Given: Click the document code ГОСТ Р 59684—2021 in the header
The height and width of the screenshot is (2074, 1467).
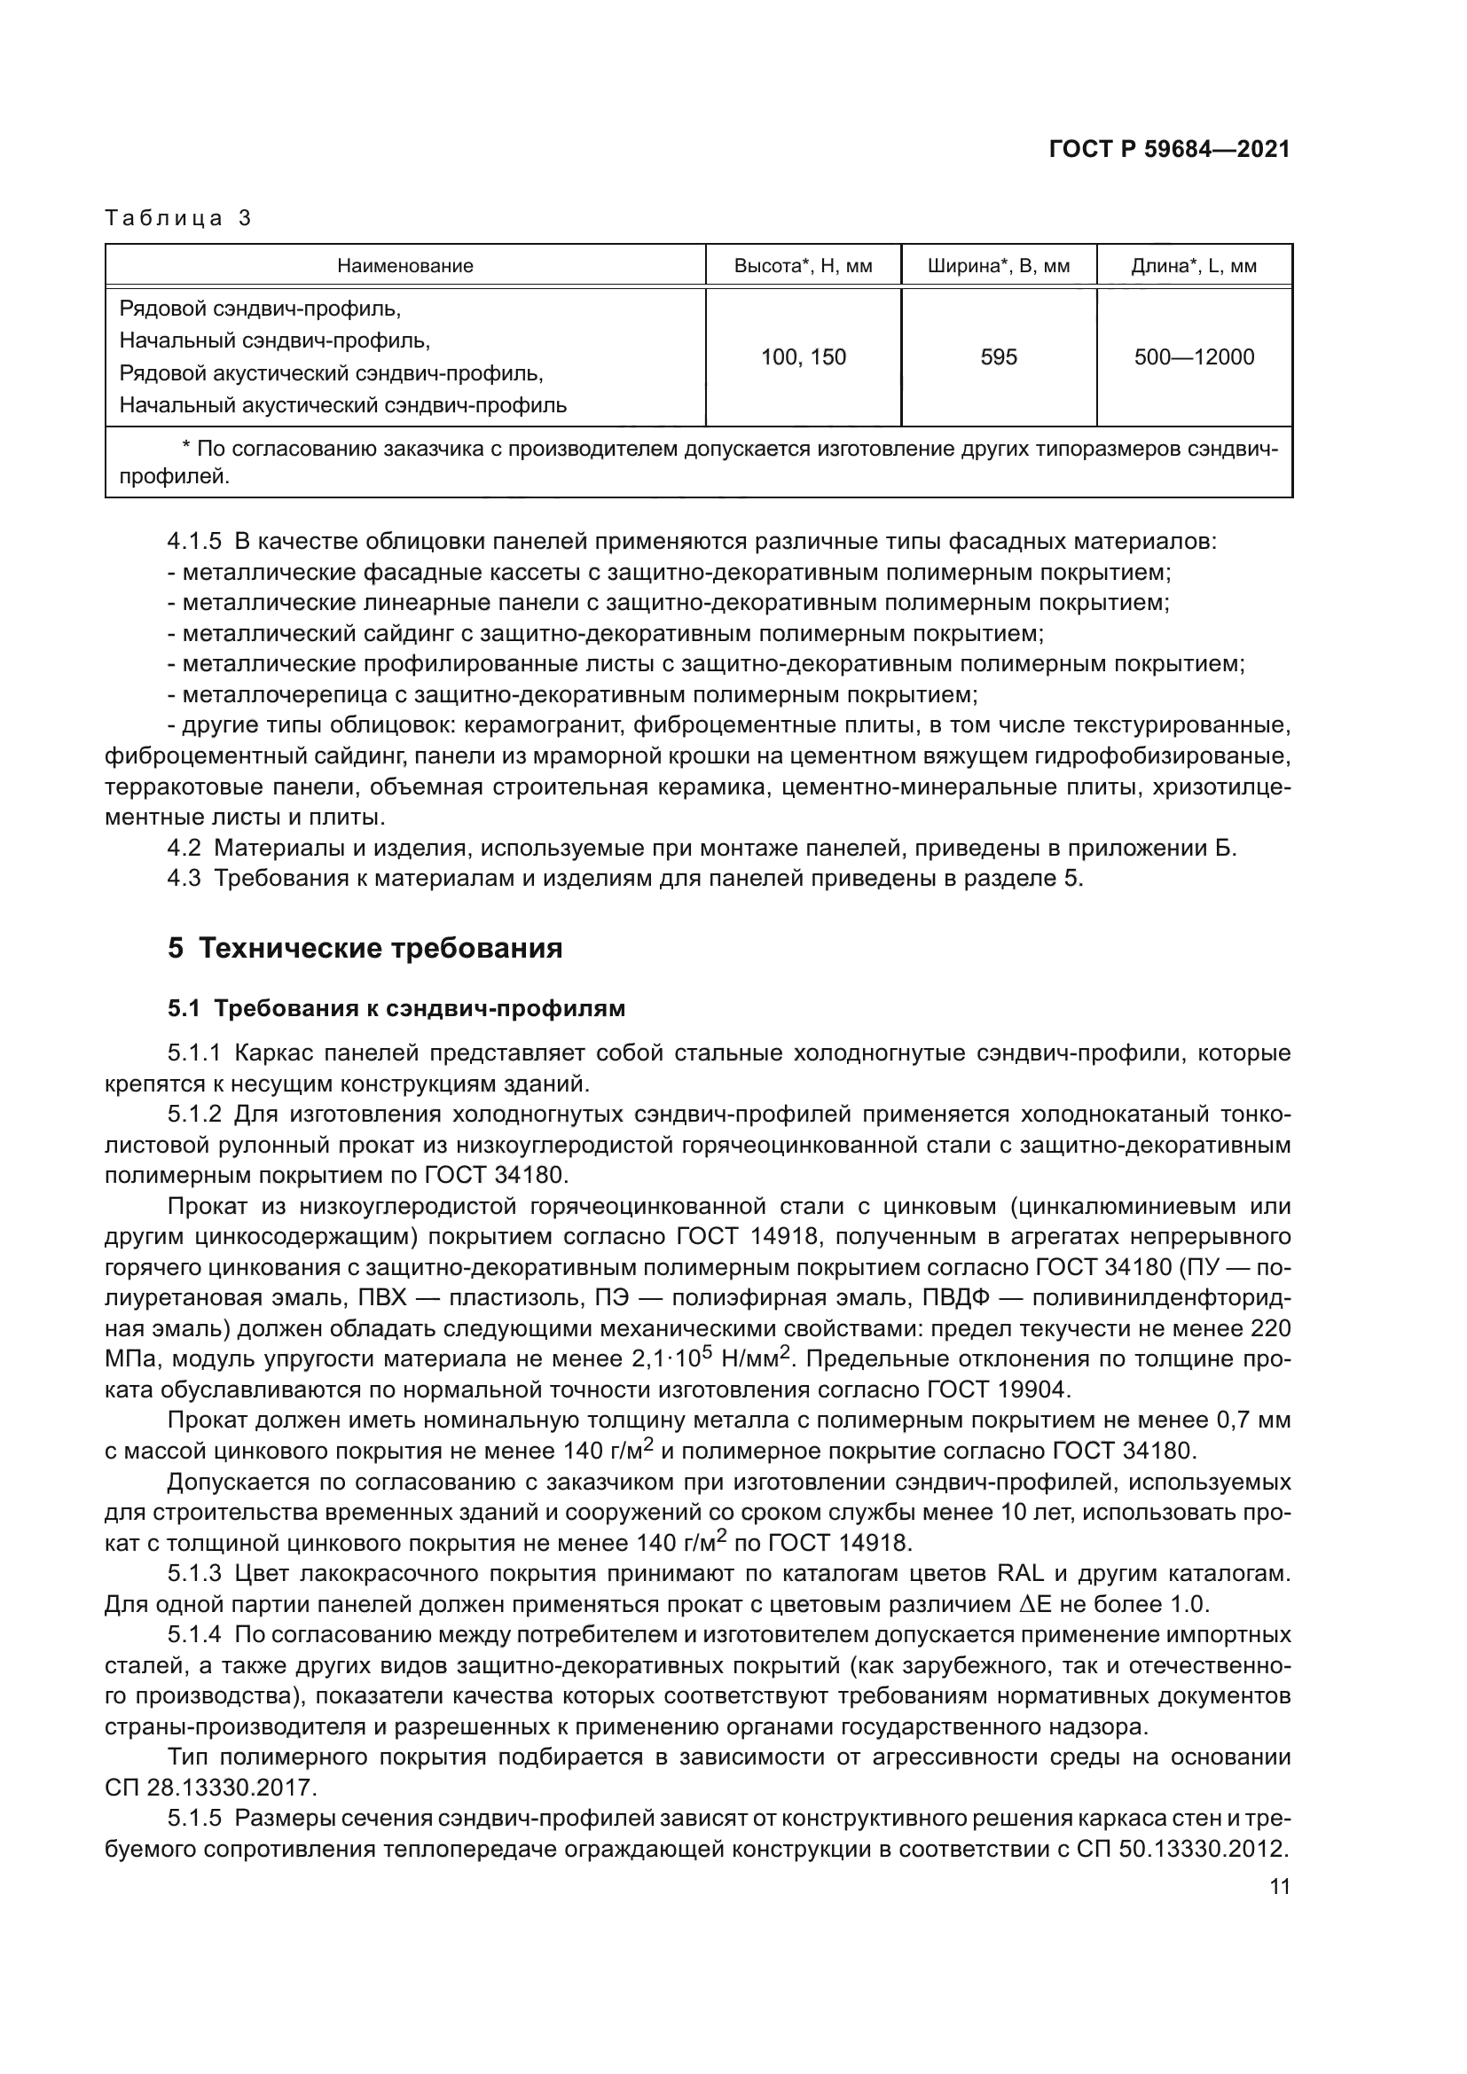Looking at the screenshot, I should [x=1169, y=150].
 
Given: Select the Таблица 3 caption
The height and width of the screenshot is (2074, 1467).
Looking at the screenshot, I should [x=178, y=218].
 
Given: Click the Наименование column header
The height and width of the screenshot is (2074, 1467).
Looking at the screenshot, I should [x=404, y=266].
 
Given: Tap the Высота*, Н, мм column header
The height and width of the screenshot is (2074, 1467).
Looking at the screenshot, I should [x=802, y=266].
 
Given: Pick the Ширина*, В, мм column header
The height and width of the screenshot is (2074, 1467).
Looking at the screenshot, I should [x=998, y=266].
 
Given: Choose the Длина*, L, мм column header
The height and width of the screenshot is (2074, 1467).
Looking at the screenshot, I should [x=1193, y=266].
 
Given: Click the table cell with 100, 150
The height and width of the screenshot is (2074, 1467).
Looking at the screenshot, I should [x=802, y=356].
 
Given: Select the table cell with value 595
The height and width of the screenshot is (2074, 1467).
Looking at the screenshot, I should [x=998, y=356].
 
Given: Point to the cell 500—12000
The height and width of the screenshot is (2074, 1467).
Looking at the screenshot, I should [x=1193, y=356].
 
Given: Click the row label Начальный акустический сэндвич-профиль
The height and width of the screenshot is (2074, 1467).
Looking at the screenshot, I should [x=343, y=404].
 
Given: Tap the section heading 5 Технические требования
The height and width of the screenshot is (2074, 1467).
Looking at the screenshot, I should [x=365, y=948].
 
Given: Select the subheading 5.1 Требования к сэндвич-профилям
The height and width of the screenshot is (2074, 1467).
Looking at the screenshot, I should [x=396, y=1008].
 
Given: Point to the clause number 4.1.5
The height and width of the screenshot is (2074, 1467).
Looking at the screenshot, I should [x=194, y=541].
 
